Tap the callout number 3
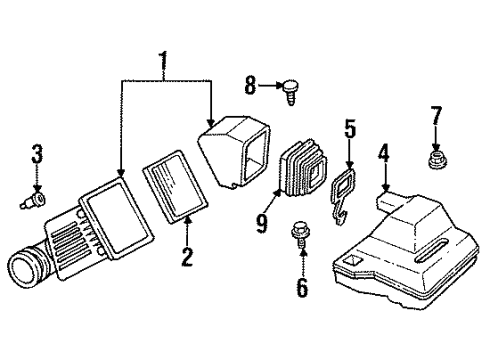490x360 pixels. pyautogui.click(x=37, y=155)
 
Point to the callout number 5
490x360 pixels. pyautogui.click(x=350, y=129)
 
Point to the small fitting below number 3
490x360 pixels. pyautogui.click(x=35, y=204)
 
